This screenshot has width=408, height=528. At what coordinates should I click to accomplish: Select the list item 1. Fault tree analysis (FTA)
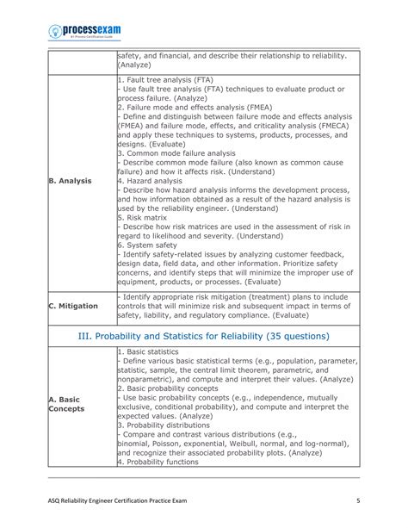166,79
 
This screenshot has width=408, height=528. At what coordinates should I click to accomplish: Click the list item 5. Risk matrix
147,218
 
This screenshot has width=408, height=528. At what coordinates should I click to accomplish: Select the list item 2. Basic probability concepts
173,388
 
